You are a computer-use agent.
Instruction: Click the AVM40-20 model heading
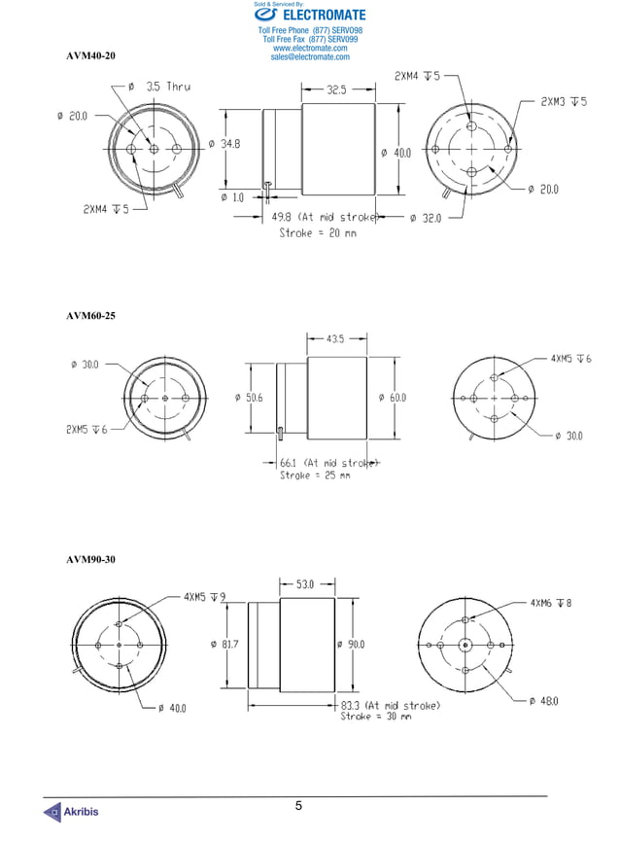[x=90, y=56]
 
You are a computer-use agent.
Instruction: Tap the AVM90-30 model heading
[x=90, y=559]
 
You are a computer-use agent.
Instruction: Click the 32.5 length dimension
[x=336, y=89]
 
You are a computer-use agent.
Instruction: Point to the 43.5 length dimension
[x=335, y=339]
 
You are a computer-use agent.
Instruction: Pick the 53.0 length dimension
[x=305, y=584]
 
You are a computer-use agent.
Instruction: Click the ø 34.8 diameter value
[x=224, y=144]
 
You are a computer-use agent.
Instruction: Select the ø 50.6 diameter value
[x=249, y=398]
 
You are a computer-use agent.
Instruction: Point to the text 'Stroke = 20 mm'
[x=318, y=233]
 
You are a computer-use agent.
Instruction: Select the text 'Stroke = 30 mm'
[x=375, y=718]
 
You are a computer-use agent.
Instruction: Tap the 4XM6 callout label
[x=551, y=603]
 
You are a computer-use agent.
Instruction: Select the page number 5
[x=299, y=806]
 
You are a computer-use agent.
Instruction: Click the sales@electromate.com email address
[x=310, y=57]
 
